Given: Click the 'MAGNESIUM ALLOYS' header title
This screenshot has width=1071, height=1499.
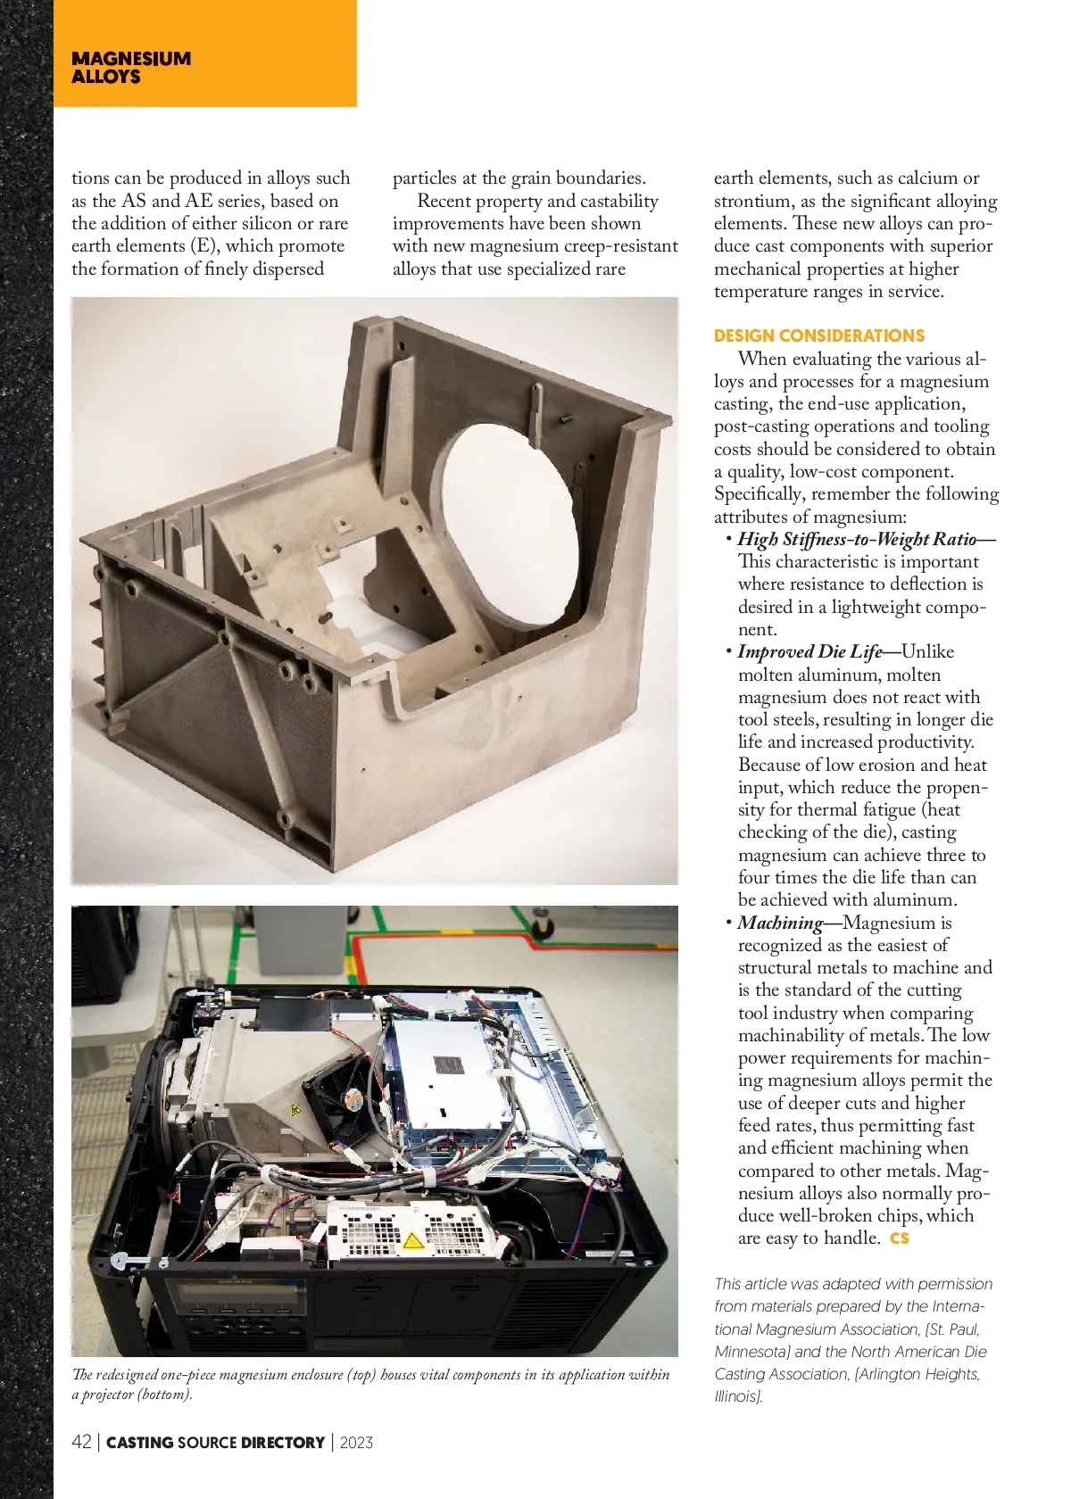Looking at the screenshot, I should point(131,68).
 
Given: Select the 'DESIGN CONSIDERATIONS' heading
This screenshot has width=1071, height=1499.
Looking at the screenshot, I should point(818,336).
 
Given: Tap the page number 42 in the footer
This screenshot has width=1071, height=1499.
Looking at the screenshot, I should point(81,1442).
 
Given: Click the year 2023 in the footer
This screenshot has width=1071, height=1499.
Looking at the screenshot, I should point(356,1442).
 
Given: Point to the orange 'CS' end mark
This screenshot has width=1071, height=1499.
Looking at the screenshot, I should point(899,1238).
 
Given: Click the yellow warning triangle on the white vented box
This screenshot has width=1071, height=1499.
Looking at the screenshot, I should point(412,1240).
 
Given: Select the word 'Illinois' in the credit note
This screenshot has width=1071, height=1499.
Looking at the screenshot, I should point(737,1396).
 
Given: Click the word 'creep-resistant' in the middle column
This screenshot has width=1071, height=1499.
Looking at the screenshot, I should point(621,246).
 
